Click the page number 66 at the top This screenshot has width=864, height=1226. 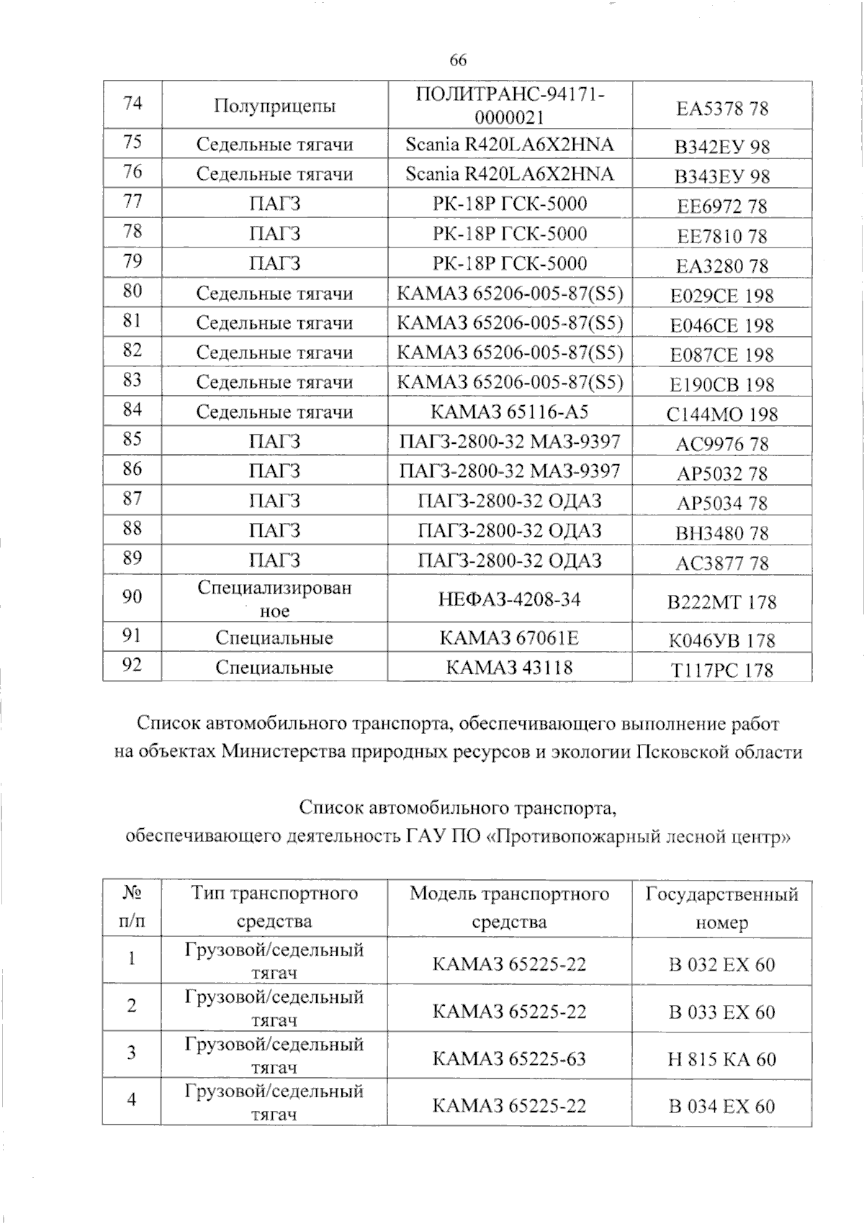tap(458, 60)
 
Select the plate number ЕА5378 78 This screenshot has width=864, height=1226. tap(722, 109)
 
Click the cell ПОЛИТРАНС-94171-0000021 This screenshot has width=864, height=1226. tap(510, 105)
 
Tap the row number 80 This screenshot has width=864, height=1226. tap(132, 291)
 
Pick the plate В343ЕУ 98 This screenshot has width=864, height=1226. tap(722, 176)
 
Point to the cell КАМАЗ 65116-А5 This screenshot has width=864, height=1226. tap(510, 412)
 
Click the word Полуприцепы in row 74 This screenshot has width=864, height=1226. tap(274, 107)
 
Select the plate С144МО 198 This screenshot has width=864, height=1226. tap(722, 414)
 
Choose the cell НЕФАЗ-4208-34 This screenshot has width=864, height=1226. tap(510, 599)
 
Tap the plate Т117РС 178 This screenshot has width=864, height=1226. tap(722, 670)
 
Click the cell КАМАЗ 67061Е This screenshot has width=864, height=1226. tap(510, 638)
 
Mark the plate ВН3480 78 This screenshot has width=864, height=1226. tap(722, 533)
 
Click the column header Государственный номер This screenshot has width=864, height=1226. tap(722, 908)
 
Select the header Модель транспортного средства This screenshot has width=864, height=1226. tap(510, 907)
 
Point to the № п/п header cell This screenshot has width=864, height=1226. tap(132, 907)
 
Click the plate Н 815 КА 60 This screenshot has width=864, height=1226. tap(722, 1059)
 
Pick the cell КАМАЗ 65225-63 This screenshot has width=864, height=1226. tap(510, 1058)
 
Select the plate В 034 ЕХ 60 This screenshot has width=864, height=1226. tap(722, 1106)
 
